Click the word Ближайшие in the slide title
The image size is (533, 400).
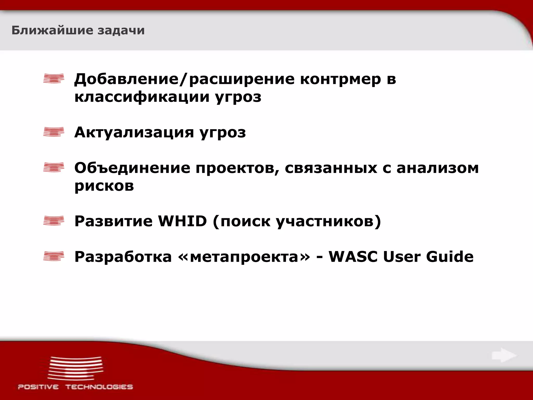(52, 30)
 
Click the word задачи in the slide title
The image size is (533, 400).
(121, 30)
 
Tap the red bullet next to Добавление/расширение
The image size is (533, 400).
(54, 78)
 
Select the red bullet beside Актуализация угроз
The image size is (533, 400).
(54, 132)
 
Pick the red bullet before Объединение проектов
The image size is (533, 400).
(54, 167)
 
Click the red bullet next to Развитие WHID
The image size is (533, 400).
(54, 221)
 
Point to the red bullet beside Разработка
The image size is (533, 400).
(54, 256)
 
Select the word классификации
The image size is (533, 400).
(142, 97)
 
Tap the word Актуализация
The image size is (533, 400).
(134, 132)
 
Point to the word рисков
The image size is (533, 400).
(104, 186)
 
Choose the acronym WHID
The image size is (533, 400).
(182, 221)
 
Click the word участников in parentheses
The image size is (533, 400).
(325, 222)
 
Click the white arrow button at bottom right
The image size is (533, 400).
(504, 355)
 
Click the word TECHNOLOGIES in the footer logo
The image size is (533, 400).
(99, 387)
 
